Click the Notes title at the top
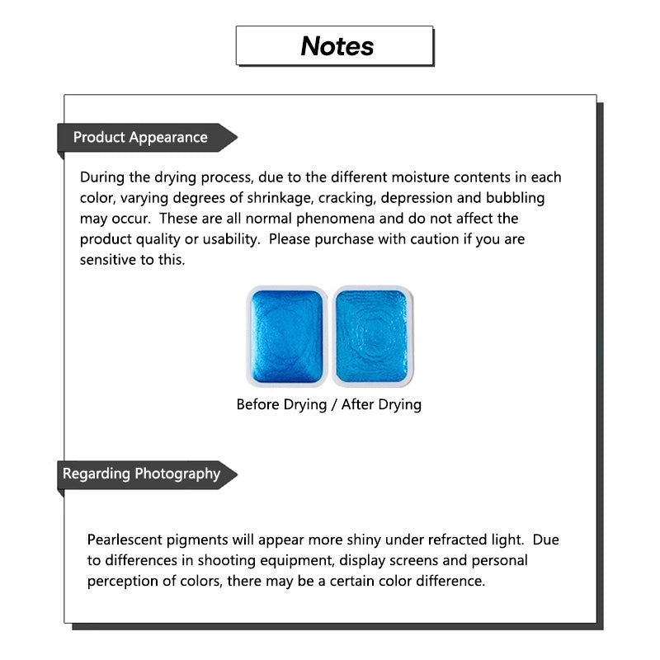click(x=337, y=46)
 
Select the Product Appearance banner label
click(x=140, y=138)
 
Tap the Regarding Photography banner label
click(x=142, y=474)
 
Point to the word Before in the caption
click(x=259, y=405)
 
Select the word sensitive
click(x=110, y=260)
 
